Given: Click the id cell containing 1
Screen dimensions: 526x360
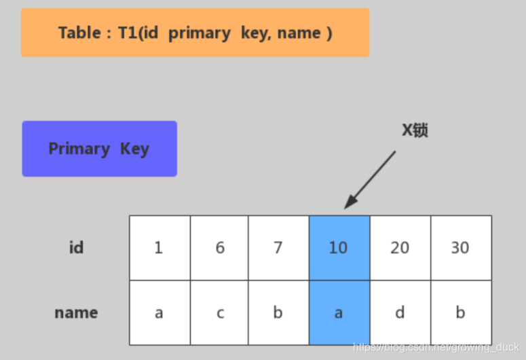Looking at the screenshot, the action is click(159, 248).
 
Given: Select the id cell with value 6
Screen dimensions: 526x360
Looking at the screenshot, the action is click(219, 248).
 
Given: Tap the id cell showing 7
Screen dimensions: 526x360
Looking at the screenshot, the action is click(278, 248).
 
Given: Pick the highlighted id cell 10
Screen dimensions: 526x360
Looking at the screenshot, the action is click(339, 248).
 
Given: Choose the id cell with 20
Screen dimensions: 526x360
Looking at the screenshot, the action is click(400, 248).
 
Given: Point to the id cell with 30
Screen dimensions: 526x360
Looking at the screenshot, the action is click(462, 248).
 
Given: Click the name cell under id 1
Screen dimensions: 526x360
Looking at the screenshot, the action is click(159, 312).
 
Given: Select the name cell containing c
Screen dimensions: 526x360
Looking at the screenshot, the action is click(219, 312).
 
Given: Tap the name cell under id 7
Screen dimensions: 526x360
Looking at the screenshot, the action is click(278, 312).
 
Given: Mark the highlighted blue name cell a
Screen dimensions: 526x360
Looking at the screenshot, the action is click(339, 312).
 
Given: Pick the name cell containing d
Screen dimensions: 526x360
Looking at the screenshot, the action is click(400, 312).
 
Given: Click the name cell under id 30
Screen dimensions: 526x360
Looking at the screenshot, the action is click(462, 312).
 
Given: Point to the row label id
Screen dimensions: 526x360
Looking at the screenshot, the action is click(77, 247).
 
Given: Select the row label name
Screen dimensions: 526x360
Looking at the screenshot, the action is click(77, 312).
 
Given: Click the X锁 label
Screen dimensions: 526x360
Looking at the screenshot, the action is click(415, 130).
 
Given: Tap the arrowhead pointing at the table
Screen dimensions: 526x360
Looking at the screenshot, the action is click(351, 202).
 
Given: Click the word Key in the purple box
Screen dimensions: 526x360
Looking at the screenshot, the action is click(135, 149).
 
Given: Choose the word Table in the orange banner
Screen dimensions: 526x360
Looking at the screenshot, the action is click(79, 33).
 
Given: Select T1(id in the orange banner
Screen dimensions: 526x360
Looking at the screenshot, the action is click(138, 33).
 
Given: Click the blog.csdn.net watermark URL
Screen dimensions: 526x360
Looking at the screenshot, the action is click(436, 347).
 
